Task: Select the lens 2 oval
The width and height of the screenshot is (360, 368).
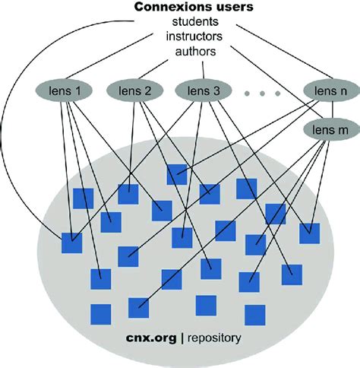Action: click(137, 91)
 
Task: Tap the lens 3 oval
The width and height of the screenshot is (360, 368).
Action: click(203, 91)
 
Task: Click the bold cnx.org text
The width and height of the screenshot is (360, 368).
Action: click(152, 335)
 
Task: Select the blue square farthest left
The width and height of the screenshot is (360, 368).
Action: click(71, 244)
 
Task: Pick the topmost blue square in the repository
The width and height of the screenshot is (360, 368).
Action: click(176, 174)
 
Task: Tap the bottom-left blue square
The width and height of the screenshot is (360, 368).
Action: click(100, 313)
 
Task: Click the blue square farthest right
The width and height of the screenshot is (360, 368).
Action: click(308, 233)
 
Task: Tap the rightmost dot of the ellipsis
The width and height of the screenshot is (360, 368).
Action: click(278, 93)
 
